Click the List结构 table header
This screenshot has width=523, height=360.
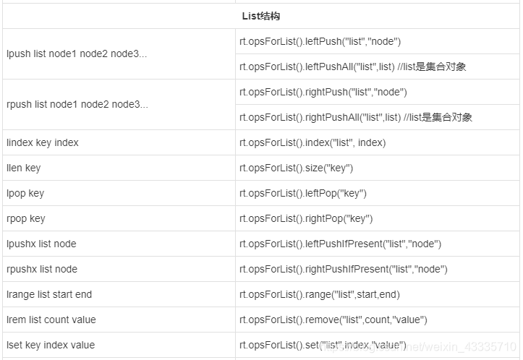click(261, 15)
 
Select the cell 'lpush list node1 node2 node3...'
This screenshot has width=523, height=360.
click(77, 53)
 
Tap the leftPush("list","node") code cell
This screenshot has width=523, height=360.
click(320, 41)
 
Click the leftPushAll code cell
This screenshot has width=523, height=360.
click(352, 67)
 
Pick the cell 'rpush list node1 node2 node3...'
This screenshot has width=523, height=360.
click(77, 104)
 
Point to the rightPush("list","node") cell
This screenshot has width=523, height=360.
click(323, 92)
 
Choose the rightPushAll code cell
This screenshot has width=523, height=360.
click(355, 117)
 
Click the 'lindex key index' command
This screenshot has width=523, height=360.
click(42, 142)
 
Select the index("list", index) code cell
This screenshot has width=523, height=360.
click(312, 142)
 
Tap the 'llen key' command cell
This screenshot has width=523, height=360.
click(23, 168)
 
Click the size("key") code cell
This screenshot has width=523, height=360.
click(296, 168)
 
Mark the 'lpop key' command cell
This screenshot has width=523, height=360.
click(25, 193)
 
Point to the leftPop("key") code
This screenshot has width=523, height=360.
click(303, 193)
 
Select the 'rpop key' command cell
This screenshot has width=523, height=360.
click(25, 218)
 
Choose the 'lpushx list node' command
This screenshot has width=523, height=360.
click(41, 244)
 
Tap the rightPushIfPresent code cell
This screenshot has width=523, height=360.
click(343, 269)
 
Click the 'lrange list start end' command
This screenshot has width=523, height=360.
click(49, 294)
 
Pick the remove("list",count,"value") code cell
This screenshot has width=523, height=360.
click(333, 320)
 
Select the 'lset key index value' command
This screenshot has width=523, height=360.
click(51, 345)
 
